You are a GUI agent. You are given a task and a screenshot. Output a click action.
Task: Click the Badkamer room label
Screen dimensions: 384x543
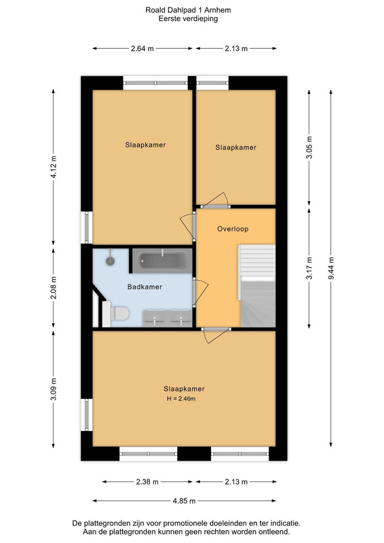(x=145, y=286)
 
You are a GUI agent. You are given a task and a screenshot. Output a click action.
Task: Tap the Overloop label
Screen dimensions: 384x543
(x=233, y=229)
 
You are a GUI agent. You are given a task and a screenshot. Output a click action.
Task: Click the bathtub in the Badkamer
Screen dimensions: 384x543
(x=162, y=261)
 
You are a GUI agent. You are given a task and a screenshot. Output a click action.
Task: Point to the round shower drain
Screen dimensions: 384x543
(x=110, y=261)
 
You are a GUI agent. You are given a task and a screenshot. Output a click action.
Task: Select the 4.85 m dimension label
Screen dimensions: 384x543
(x=185, y=501)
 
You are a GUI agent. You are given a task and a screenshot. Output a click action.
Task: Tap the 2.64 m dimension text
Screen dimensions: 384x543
(x=142, y=49)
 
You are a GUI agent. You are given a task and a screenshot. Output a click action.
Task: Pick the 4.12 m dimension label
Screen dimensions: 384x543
(x=54, y=167)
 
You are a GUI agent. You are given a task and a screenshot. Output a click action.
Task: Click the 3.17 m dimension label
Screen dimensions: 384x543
(x=309, y=268)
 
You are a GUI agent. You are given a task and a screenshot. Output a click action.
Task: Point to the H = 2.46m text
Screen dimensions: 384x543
(x=181, y=399)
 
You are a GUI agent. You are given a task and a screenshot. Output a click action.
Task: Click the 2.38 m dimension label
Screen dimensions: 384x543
(x=147, y=482)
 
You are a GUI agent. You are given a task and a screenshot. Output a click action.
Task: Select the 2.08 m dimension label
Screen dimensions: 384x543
(x=54, y=288)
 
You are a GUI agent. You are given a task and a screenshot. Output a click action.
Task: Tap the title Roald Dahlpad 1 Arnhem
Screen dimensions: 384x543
(x=188, y=10)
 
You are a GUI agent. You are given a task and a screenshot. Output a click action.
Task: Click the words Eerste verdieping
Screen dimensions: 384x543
(x=188, y=19)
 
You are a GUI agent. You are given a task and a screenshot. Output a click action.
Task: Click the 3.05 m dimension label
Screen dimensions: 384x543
(x=309, y=147)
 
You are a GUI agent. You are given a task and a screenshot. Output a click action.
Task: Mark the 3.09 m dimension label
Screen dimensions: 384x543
(x=54, y=389)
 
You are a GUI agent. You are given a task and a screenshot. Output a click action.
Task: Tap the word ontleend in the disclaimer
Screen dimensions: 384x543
(x=275, y=532)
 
